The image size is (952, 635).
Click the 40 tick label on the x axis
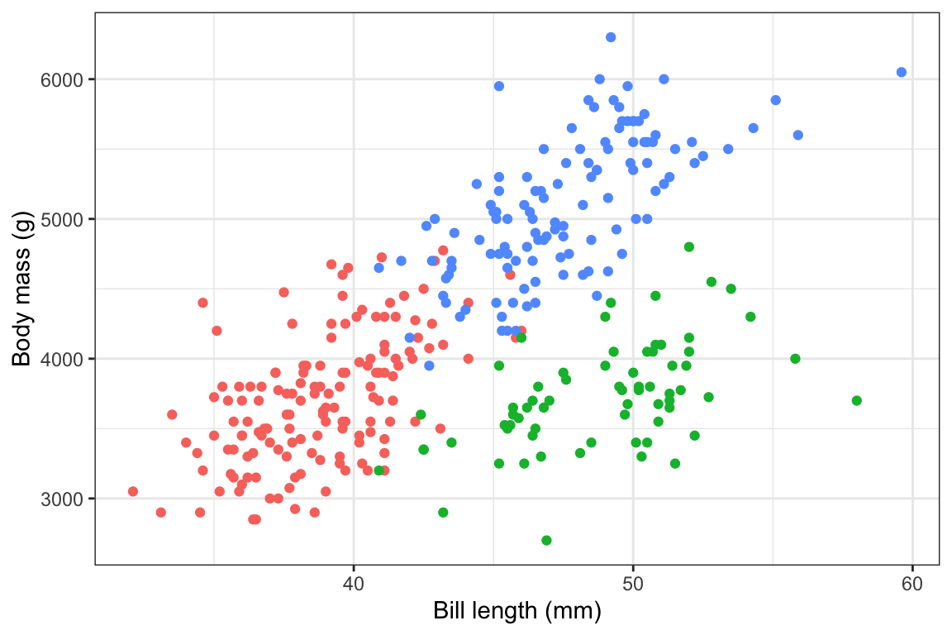(354, 585)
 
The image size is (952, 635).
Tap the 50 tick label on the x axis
(633, 585)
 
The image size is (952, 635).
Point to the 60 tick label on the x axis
(912, 585)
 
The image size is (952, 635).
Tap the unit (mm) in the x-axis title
(572, 613)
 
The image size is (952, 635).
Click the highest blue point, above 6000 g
(611, 37)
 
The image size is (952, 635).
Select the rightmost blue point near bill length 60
(902, 72)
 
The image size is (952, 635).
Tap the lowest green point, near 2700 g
(546, 540)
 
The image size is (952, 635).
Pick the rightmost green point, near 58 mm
(857, 400)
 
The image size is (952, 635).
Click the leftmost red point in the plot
(133, 491)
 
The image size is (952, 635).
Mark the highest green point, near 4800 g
(689, 246)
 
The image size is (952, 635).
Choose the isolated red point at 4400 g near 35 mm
(202, 303)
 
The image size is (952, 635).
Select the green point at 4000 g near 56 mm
(795, 359)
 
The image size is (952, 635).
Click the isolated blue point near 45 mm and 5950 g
(499, 86)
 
